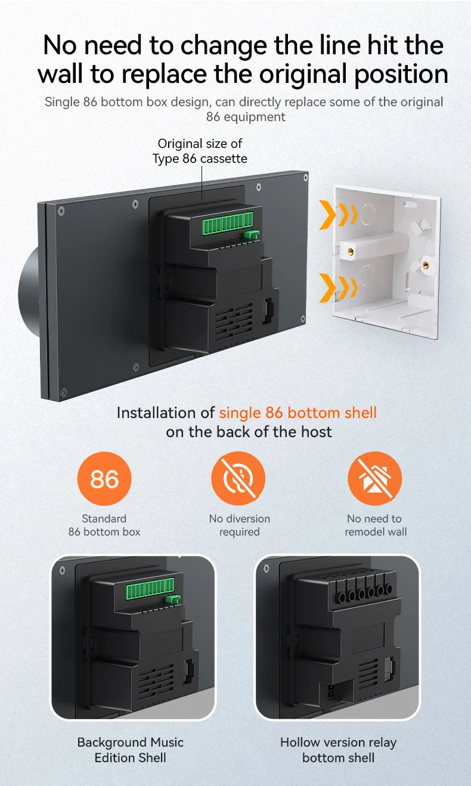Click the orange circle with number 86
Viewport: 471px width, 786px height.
coord(104,479)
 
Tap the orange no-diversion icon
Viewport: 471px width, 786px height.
coord(238,479)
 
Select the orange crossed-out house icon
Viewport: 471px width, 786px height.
coord(374,479)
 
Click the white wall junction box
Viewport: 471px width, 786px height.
coord(386,262)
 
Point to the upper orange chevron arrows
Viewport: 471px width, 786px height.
coord(338,215)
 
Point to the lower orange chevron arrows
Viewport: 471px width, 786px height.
coord(338,287)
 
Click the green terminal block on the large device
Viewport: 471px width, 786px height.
coord(227,224)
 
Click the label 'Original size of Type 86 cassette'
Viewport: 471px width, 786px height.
coord(200,151)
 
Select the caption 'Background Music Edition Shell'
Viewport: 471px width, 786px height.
coord(131,750)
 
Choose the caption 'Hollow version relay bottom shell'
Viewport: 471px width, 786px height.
coord(339,750)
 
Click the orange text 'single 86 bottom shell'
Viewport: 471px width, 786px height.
coord(298,413)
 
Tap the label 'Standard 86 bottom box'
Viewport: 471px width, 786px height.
coord(104,525)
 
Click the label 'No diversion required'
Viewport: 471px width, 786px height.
coord(240,525)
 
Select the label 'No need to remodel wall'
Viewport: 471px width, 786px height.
coord(376,525)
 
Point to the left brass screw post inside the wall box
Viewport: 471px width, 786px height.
coord(350,251)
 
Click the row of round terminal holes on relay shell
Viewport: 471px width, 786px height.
coord(364,593)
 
